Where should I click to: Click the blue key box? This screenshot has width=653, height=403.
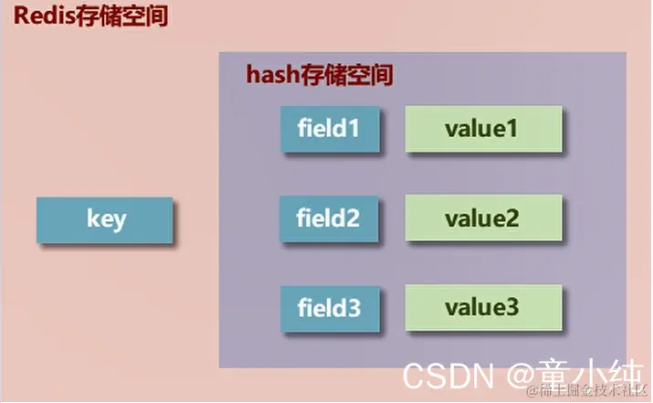click(103, 220)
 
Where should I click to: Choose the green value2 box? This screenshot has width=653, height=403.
click(482, 219)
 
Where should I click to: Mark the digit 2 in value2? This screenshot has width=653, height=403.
click(512, 219)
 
